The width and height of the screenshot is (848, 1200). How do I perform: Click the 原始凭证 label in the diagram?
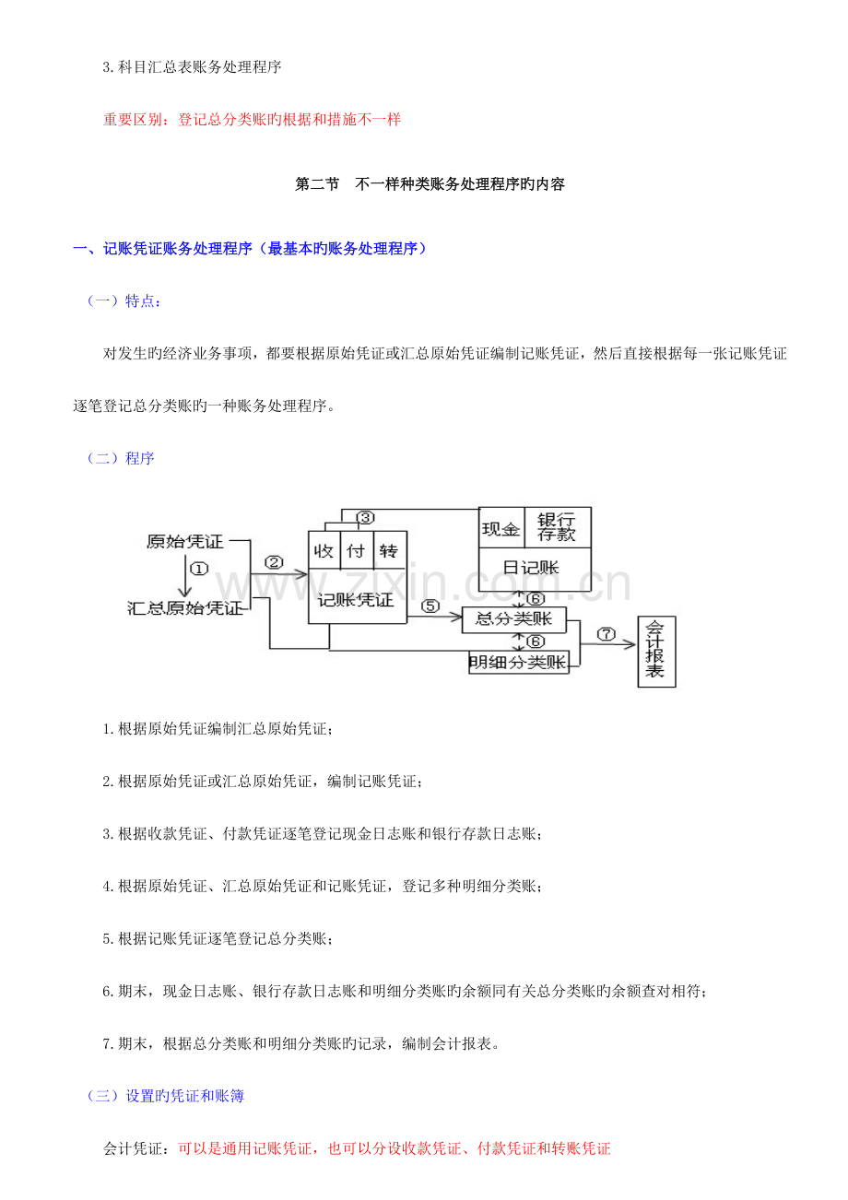point(185,542)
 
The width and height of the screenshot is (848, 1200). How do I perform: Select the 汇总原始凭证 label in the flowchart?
point(185,608)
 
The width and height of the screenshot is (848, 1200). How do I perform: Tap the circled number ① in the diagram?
point(199,569)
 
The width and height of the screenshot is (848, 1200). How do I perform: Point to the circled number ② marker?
point(274,562)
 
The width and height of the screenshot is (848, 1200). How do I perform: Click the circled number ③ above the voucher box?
point(365,517)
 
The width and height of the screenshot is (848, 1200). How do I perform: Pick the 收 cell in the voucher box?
point(324,551)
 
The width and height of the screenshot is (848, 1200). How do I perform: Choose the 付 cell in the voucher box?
point(357,551)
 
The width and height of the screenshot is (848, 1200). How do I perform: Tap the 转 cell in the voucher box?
point(390,551)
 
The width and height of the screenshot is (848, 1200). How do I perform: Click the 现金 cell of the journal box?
point(501,528)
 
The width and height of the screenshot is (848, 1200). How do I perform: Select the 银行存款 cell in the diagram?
point(557,528)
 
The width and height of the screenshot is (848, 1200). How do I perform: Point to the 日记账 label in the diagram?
point(531,568)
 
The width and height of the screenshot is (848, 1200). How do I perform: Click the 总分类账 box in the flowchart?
point(513,619)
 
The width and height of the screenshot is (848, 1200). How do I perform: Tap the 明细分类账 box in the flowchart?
point(519,662)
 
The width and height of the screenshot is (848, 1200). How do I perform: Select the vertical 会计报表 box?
point(656,652)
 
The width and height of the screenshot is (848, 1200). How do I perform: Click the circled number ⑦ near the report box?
point(606,634)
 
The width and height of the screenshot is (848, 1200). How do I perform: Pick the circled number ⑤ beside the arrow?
point(430,606)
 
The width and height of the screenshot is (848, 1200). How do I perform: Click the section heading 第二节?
point(317,184)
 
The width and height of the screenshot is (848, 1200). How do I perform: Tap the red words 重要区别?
point(133,120)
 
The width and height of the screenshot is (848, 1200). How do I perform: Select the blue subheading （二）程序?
point(121,459)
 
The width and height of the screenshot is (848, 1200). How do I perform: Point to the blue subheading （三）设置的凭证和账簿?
point(166,1096)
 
